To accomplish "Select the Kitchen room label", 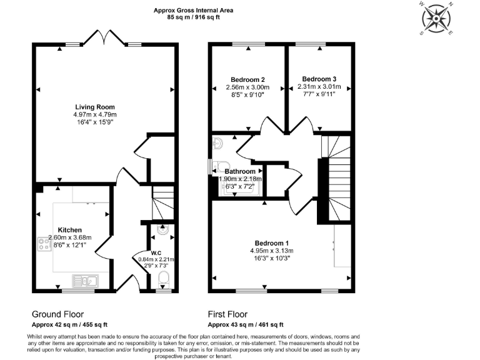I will (70, 229).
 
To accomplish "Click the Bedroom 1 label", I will (272, 242).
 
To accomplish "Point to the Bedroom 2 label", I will (248, 79).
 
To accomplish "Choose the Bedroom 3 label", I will (316, 79).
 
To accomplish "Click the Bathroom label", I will (241, 171).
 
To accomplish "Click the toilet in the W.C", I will (164, 279).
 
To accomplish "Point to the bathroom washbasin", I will (218, 144).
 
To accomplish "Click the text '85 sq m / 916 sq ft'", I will (194, 17).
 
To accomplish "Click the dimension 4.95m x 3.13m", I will (272, 251).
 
